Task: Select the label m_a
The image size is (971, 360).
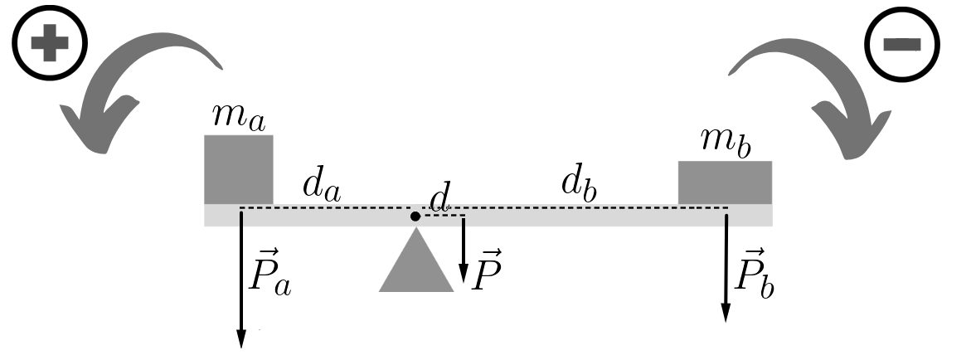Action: pyautogui.click(x=239, y=119)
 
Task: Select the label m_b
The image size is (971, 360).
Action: pyautogui.click(x=725, y=142)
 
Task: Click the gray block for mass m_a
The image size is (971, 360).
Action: pyautogui.click(x=239, y=169)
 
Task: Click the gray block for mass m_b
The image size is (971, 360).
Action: pyautogui.click(x=725, y=182)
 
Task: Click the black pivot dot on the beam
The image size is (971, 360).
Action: pyautogui.click(x=415, y=216)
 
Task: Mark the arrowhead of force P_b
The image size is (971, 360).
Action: pyautogui.click(x=726, y=312)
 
